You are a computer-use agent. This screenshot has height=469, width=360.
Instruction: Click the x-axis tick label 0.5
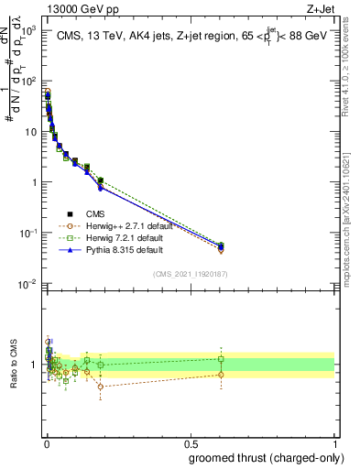coord(191,443)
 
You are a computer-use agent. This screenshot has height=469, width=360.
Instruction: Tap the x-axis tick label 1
coord(335,443)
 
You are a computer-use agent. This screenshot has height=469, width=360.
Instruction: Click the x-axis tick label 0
coord(47,443)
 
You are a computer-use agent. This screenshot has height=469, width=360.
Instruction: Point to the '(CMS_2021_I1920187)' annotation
coord(190,274)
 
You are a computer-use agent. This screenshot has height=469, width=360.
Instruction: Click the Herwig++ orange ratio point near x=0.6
coord(221,374)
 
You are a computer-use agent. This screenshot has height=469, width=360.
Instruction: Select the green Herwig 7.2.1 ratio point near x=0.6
coord(221,358)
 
